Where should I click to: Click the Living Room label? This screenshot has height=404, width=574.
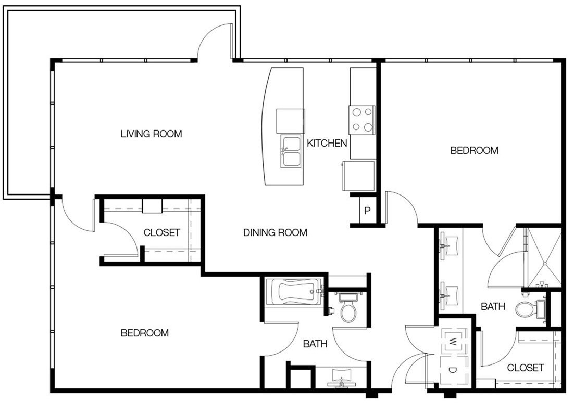(x=151, y=134)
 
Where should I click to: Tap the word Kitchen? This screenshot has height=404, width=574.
(x=327, y=143)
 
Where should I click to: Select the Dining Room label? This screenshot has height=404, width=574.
(x=276, y=232)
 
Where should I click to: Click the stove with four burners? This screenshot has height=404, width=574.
(x=362, y=119)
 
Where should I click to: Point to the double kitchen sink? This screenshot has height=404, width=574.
(x=291, y=151)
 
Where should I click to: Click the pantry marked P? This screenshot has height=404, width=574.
(x=367, y=211)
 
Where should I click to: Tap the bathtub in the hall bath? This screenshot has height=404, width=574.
(x=294, y=292)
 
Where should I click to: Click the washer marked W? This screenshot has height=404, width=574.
(x=454, y=342)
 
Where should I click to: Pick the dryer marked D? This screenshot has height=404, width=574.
(x=454, y=370)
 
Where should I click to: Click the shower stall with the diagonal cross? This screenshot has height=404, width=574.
(x=544, y=257)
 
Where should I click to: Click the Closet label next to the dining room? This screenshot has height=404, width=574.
(x=162, y=232)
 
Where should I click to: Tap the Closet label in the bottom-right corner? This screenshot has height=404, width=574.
(x=526, y=367)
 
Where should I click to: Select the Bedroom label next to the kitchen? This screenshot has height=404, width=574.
(x=474, y=150)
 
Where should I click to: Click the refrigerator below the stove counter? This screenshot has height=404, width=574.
(x=359, y=176)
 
